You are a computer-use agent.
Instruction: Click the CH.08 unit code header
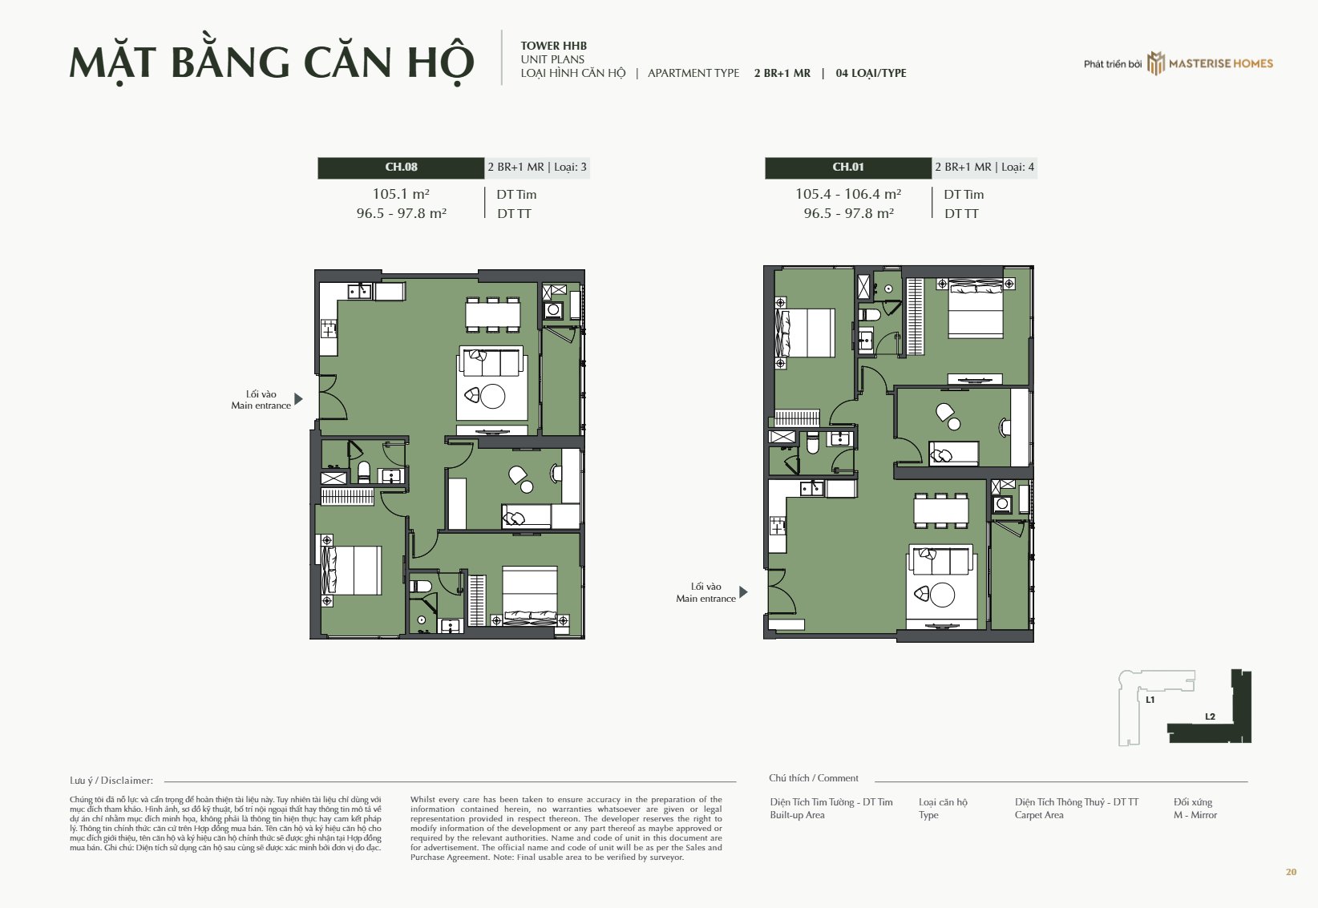tap(401, 167)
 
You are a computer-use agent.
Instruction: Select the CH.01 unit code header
tap(848, 167)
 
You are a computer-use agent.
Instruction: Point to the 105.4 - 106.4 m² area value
tap(848, 193)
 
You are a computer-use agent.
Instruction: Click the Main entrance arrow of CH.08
tap(298, 399)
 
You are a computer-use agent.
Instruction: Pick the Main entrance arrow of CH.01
tap(744, 592)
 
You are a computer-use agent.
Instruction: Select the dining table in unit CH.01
tap(941, 510)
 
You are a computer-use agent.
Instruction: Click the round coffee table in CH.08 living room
tap(492, 397)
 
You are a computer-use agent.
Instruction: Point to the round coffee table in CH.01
tap(942, 595)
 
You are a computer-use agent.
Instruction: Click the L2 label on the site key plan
tap(1210, 716)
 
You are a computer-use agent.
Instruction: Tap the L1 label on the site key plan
tap(1150, 700)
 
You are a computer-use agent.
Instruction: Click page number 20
tap(1291, 872)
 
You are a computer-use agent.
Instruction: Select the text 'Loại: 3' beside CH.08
tap(570, 167)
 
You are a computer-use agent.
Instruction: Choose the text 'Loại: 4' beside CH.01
tap(1017, 167)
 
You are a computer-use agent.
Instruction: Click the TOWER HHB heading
tap(554, 46)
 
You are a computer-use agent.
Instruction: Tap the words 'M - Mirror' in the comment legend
tap(1195, 815)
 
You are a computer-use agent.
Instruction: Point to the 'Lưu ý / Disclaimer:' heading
tap(111, 781)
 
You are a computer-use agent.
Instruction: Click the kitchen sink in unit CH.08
tap(359, 291)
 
